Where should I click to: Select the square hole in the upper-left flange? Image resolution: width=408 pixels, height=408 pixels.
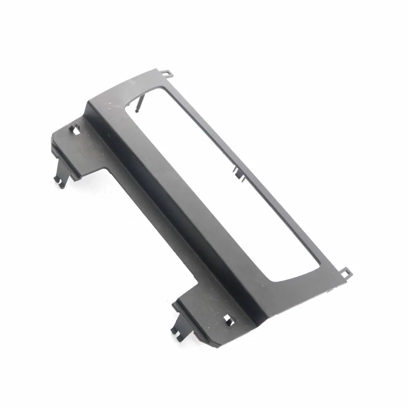pyautogui.click(x=76, y=131)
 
